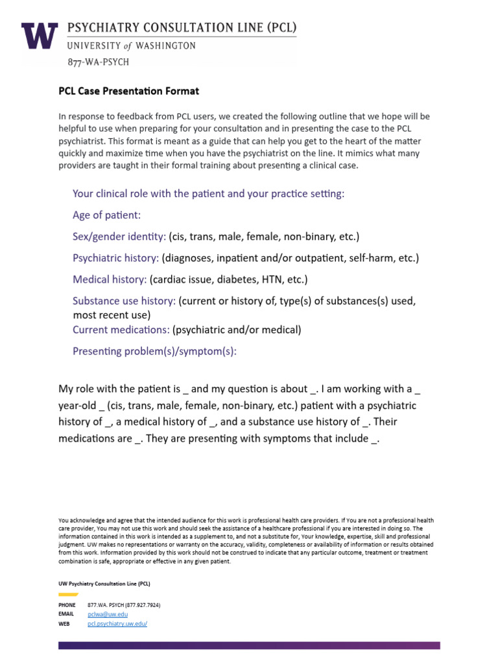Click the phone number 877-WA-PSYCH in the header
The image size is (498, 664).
pyautogui.click(x=98, y=62)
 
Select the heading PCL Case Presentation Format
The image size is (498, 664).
pyautogui.click(x=128, y=91)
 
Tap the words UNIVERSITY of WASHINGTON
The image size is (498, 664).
pyautogui.click(x=132, y=46)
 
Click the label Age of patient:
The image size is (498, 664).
pyautogui.click(x=106, y=215)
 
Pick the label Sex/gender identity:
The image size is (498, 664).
pyautogui.click(x=119, y=237)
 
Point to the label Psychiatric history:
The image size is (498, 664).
pyautogui.click(x=115, y=258)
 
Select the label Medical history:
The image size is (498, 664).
pyautogui.click(x=110, y=279)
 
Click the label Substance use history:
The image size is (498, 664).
pyautogui.click(x=124, y=301)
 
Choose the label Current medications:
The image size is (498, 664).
pyautogui.click(x=121, y=329)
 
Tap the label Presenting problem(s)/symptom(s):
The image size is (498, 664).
pyautogui.click(x=154, y=351)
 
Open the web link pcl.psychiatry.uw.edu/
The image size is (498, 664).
pyautogui.click(x=117, y=623)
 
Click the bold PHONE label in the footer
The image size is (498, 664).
pyautogui.click(x=67, y=604)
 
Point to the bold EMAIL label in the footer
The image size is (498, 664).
pyautogui.click(x=66, y=613)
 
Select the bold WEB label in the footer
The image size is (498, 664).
pyautogui.click(x=64, y=623)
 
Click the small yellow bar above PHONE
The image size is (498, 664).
pyautogui.click(x=68, y=594)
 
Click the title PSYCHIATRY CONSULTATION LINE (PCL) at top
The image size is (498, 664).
pyautogui.click(x=182, y=28)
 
